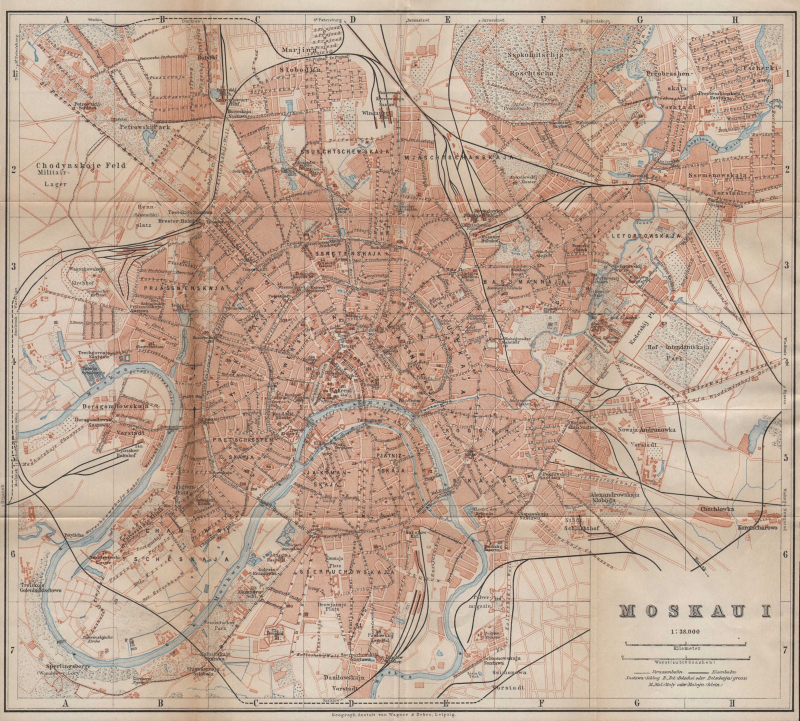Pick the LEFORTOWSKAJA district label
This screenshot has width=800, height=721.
point(651,234)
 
